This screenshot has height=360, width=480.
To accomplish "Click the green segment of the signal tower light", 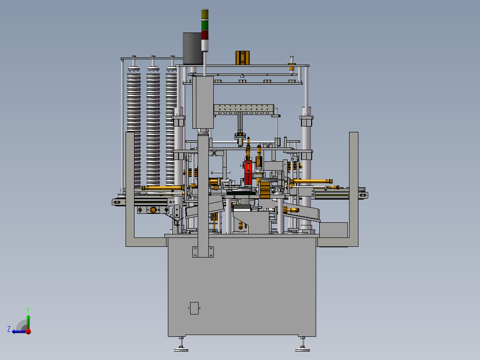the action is tap(204, 25).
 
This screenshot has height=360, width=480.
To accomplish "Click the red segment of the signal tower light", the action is tap(204, 35).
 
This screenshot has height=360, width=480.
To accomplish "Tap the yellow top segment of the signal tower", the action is tap(204, 15).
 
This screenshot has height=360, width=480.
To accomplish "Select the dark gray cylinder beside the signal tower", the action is tap(192, 49).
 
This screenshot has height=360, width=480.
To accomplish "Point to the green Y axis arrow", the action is tap(28, 322).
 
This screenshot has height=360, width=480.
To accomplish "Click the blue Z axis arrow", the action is tap(20, 331).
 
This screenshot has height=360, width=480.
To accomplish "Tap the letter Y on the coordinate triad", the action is tap(28, 310).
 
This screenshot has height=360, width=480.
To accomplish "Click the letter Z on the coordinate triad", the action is tap(9, 329).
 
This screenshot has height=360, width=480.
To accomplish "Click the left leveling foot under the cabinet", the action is tap(181, 344).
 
